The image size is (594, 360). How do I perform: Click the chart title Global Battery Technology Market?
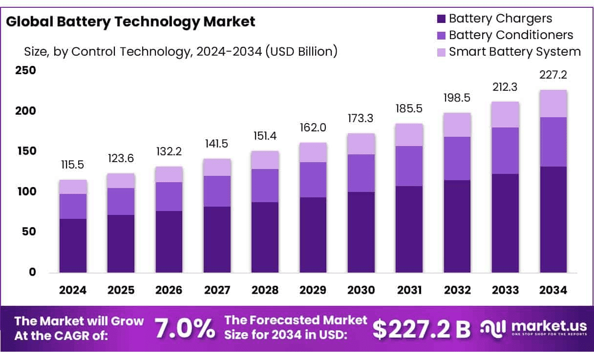click(131, 21)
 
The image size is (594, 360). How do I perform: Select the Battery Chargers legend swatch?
click(441, 19)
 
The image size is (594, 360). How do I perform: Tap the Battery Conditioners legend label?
click(510, 35)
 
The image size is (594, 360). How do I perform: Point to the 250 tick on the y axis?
click(26, 70)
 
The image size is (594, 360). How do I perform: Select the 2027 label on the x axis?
click(217, 290)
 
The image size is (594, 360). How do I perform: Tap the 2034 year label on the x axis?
click(553, 290)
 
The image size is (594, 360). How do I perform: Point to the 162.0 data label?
click(313, 128)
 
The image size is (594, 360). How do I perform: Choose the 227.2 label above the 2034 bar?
click(552, 75)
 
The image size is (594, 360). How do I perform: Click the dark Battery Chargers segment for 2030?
click(361, 232)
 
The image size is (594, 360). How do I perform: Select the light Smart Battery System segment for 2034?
click(553, 104)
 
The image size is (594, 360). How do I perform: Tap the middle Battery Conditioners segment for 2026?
click(169, 196)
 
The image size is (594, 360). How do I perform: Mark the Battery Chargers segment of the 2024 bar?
click(73, 245)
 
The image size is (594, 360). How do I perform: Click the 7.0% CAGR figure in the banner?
click(185, 329)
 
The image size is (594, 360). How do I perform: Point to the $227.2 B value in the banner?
click(421, 329)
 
